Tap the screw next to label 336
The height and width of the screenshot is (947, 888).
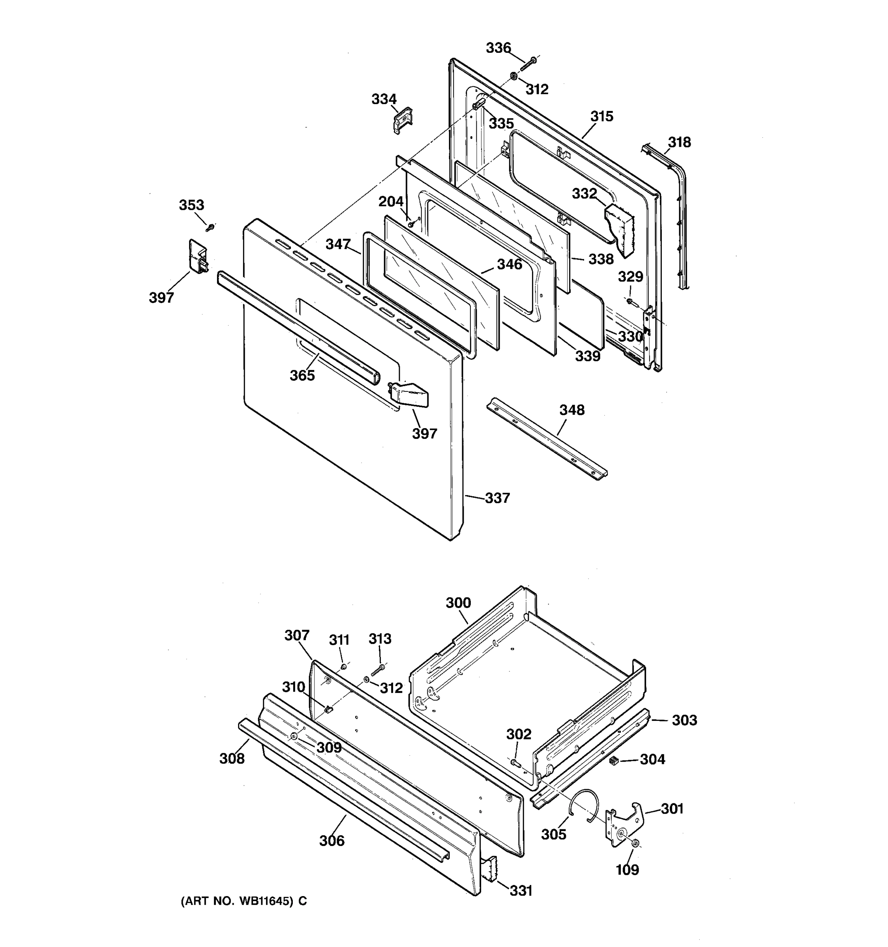(x=528, y=64)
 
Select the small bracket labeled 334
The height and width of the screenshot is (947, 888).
(x=403, y=120)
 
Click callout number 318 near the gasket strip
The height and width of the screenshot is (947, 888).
(x=679, y=142)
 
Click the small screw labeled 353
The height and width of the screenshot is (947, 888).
(x=210, y=227)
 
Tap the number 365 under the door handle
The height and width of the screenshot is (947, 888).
(x=302, y=375)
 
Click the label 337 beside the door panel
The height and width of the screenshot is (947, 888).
(x=497, y=498)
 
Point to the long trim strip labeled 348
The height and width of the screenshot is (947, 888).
(x=547, y=438)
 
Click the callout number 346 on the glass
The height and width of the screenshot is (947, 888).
(x=509, y=264)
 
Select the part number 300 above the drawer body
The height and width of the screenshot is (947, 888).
(x=458, y=603)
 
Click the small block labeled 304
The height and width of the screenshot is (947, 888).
(x=614, y=761)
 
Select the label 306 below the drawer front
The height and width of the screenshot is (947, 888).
(x=332, y=841)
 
